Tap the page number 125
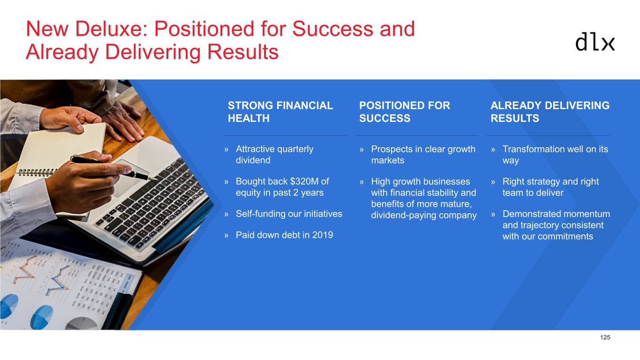click(605, 337)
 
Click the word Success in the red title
click(332, 29)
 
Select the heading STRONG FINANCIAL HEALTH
click(280, 112)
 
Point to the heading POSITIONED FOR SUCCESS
click(405, 112)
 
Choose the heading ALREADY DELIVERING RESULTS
click(550, 112)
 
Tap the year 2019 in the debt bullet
click(323, 235)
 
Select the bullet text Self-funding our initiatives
click(289, 214)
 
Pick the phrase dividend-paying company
click(424, 216)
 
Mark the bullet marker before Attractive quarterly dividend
click(226, 150)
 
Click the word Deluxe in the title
click(111, 29)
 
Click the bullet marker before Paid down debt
click(226, 236)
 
